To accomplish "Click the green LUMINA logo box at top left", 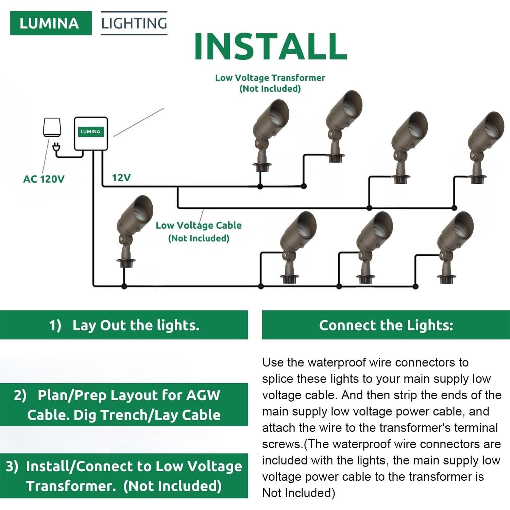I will tap(51, 23).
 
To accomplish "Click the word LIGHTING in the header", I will tap(134, 23).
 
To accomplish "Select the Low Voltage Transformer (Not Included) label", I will tap(270, 83).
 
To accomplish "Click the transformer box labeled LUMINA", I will tap(91, 133).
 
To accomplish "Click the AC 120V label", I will tap(44, 179).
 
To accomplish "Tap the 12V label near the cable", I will tap(121, 177).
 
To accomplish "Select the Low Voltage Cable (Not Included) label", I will tap(199, 231).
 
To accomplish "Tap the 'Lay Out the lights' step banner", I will tap(124, 325).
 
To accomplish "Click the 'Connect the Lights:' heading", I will tap(386, 325).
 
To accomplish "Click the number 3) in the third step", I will tap(12, 466).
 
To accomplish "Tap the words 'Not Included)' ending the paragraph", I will tap(299, 493).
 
